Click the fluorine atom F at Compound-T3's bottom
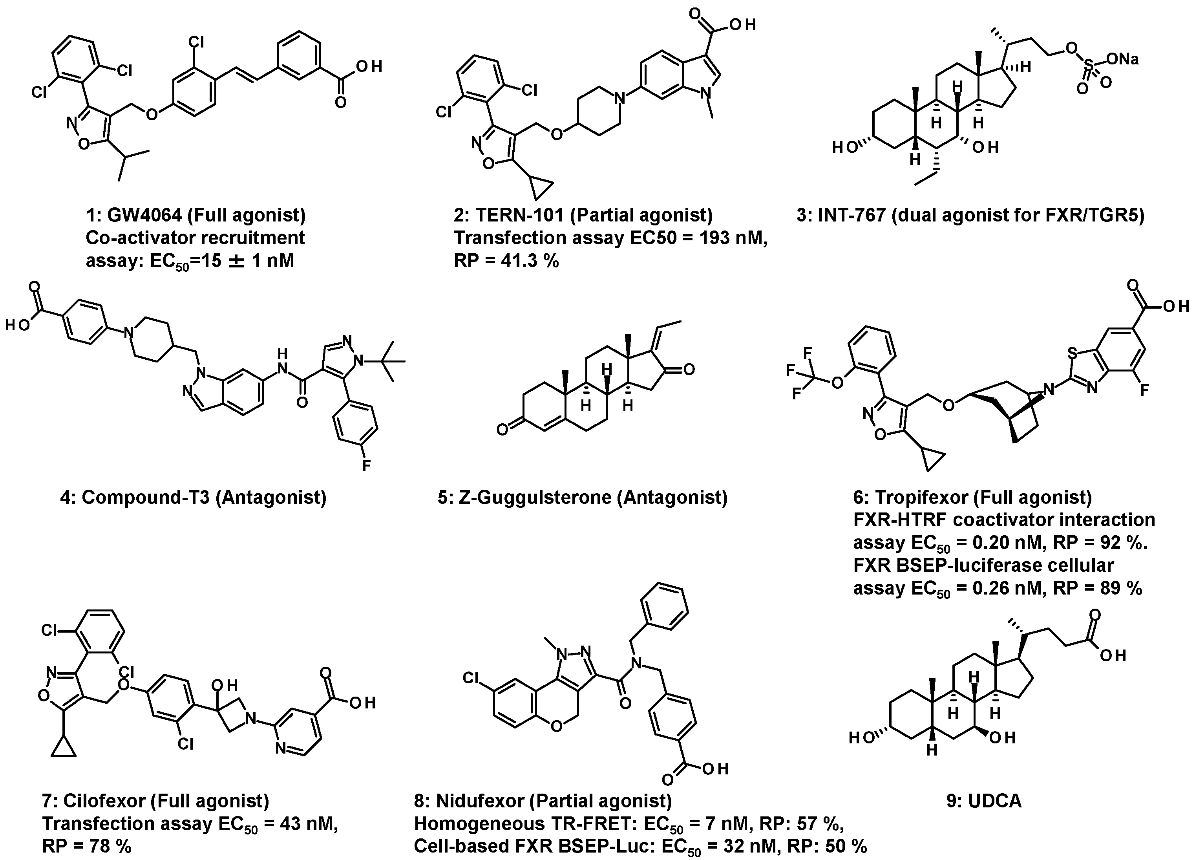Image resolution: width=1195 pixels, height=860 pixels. click(x=365, y=465)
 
